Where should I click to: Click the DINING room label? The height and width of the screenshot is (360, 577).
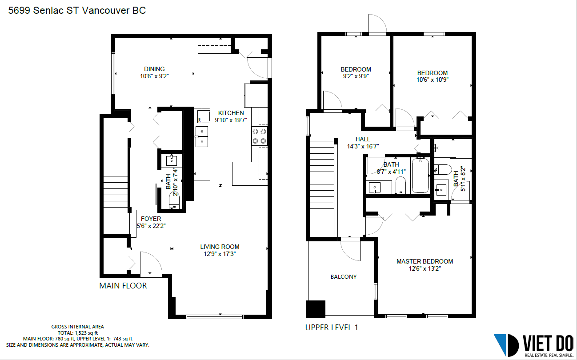[154, 69]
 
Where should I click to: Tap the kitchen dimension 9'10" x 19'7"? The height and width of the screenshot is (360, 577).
[231, 120]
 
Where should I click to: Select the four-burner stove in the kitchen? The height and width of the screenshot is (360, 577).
[260, 136]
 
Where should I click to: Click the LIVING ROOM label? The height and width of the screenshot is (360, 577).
[220, 247]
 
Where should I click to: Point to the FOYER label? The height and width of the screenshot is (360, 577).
[151, 219]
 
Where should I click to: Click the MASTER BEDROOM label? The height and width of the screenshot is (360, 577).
[425, 261]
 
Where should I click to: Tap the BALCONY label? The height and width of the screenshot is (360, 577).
[343, 276]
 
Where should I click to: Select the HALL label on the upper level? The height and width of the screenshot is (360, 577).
[363, 139]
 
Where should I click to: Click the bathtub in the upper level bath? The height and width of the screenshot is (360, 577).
[420, 176]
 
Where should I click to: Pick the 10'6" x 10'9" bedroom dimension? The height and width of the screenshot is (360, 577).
[432, 80]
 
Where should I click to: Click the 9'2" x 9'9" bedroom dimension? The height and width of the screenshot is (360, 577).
[356, 76]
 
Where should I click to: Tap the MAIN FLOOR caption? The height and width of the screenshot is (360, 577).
[123, 286]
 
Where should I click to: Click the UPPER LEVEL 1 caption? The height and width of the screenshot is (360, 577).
[331, 328]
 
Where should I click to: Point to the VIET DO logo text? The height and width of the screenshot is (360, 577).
[548, 343]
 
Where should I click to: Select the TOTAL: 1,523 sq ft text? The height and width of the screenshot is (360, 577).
[77, 333]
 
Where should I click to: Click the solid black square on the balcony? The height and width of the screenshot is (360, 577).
[316, 308]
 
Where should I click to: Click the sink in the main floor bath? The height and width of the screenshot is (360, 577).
[172, 161]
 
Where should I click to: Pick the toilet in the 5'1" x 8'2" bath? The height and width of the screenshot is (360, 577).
[443, 170]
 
